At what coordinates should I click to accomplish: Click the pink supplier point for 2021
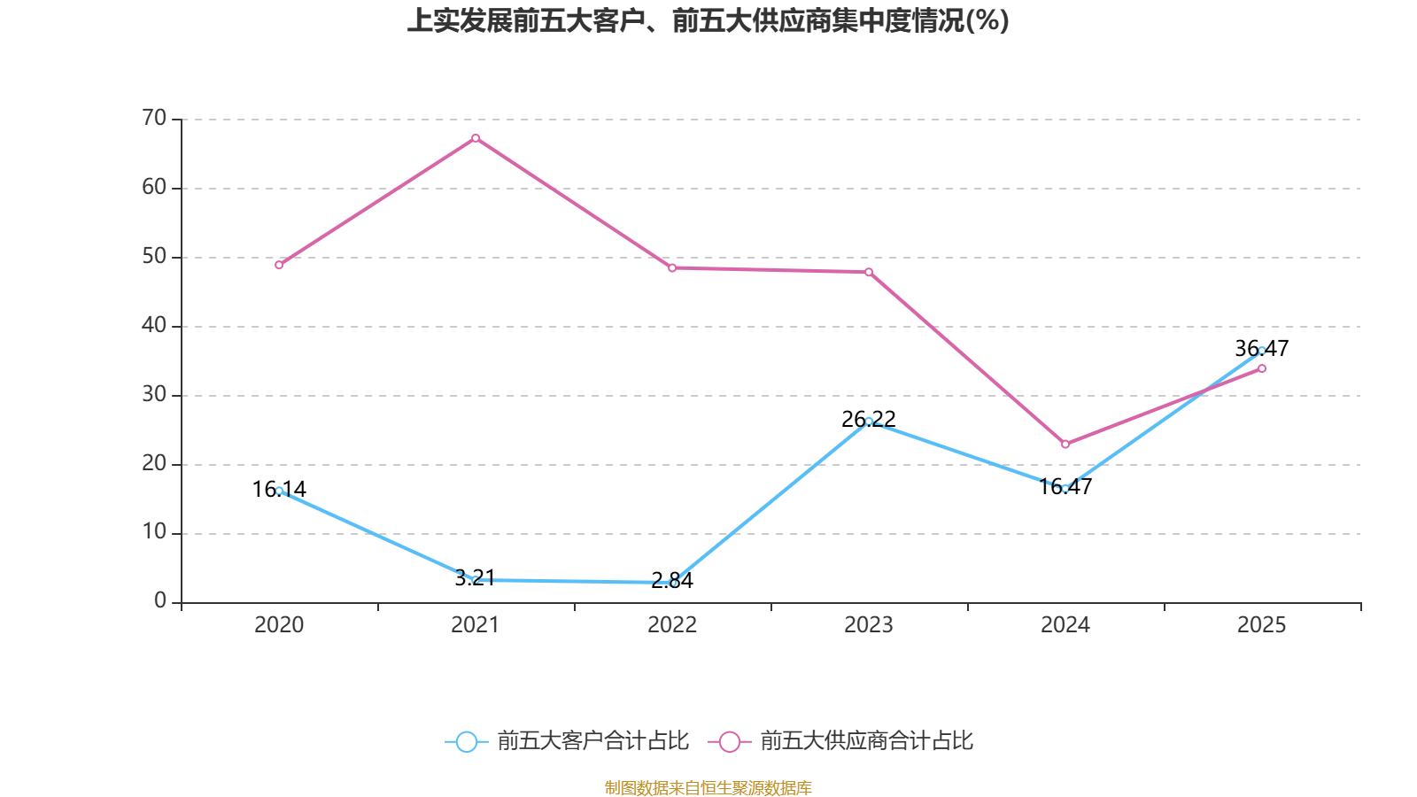tap(476, 138)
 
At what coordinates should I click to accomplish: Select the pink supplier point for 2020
tap(279, 265)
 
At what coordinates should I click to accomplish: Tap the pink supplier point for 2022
tap(672, 267)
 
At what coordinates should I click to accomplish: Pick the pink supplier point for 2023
tap(869, 272)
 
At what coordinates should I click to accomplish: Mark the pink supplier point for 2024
tap(1065, 444)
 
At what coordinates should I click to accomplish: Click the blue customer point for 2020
tap(279, 491)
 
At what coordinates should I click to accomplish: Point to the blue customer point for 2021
tap(476, 580)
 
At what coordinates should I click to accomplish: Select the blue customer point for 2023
tap(869, 422)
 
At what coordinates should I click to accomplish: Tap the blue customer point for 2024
tap(1065, 488)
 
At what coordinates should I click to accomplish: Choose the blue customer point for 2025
tap(1262, 351)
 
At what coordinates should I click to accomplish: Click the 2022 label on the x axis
tap(672, 625)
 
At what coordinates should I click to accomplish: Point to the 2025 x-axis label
tap(1261, 625)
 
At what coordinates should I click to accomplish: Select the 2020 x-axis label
tap(279, 625)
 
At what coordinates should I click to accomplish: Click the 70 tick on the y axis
tap(154, 118)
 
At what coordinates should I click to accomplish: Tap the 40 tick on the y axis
tap(154, 325)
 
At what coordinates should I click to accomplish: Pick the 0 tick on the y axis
tap(160, 601)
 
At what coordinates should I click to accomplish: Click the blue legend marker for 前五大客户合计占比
tap(466, 741)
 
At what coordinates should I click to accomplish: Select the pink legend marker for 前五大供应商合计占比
tap(729, 741)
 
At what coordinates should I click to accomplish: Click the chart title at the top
tap(708, 20)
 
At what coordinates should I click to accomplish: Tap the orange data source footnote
tap(708, 787)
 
